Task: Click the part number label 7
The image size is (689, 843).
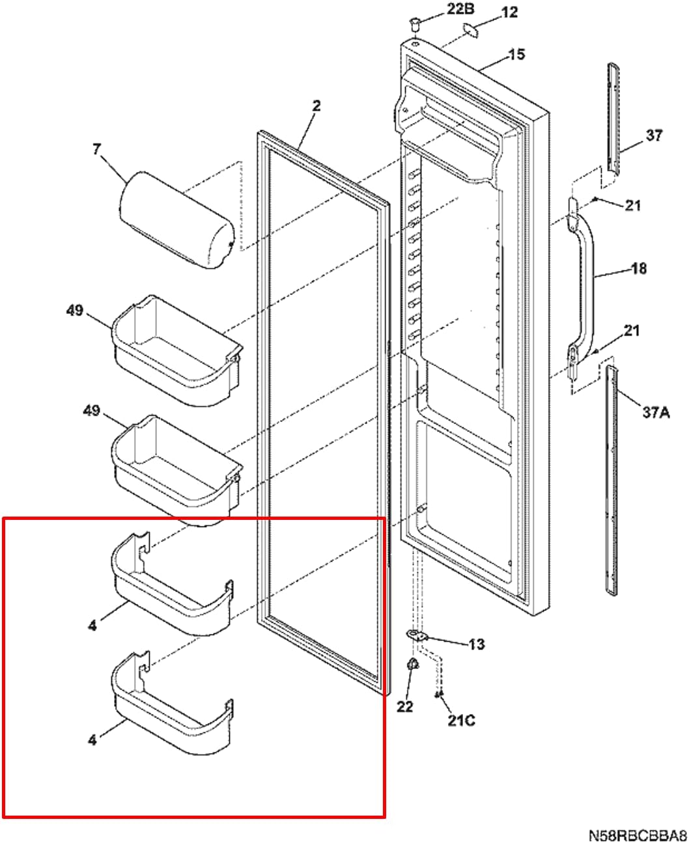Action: pyautogui.click(x=96, y=150)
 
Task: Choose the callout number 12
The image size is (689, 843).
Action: pyautogui.click(x=509, y=12)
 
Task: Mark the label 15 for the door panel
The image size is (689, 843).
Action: pyautogui.click(x=516, y=55)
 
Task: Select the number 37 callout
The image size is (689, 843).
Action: pyautogui.click(x=653, y=136)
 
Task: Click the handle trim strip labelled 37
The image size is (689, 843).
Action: pyautogui.click(x=613, y=117)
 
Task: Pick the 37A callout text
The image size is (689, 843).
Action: pyautogui.click(x=656, y=412)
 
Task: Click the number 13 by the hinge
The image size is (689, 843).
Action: pyautogui.click(x=476, y=644)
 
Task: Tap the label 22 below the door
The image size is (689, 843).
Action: pyautogui.click(x=404, y=706)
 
